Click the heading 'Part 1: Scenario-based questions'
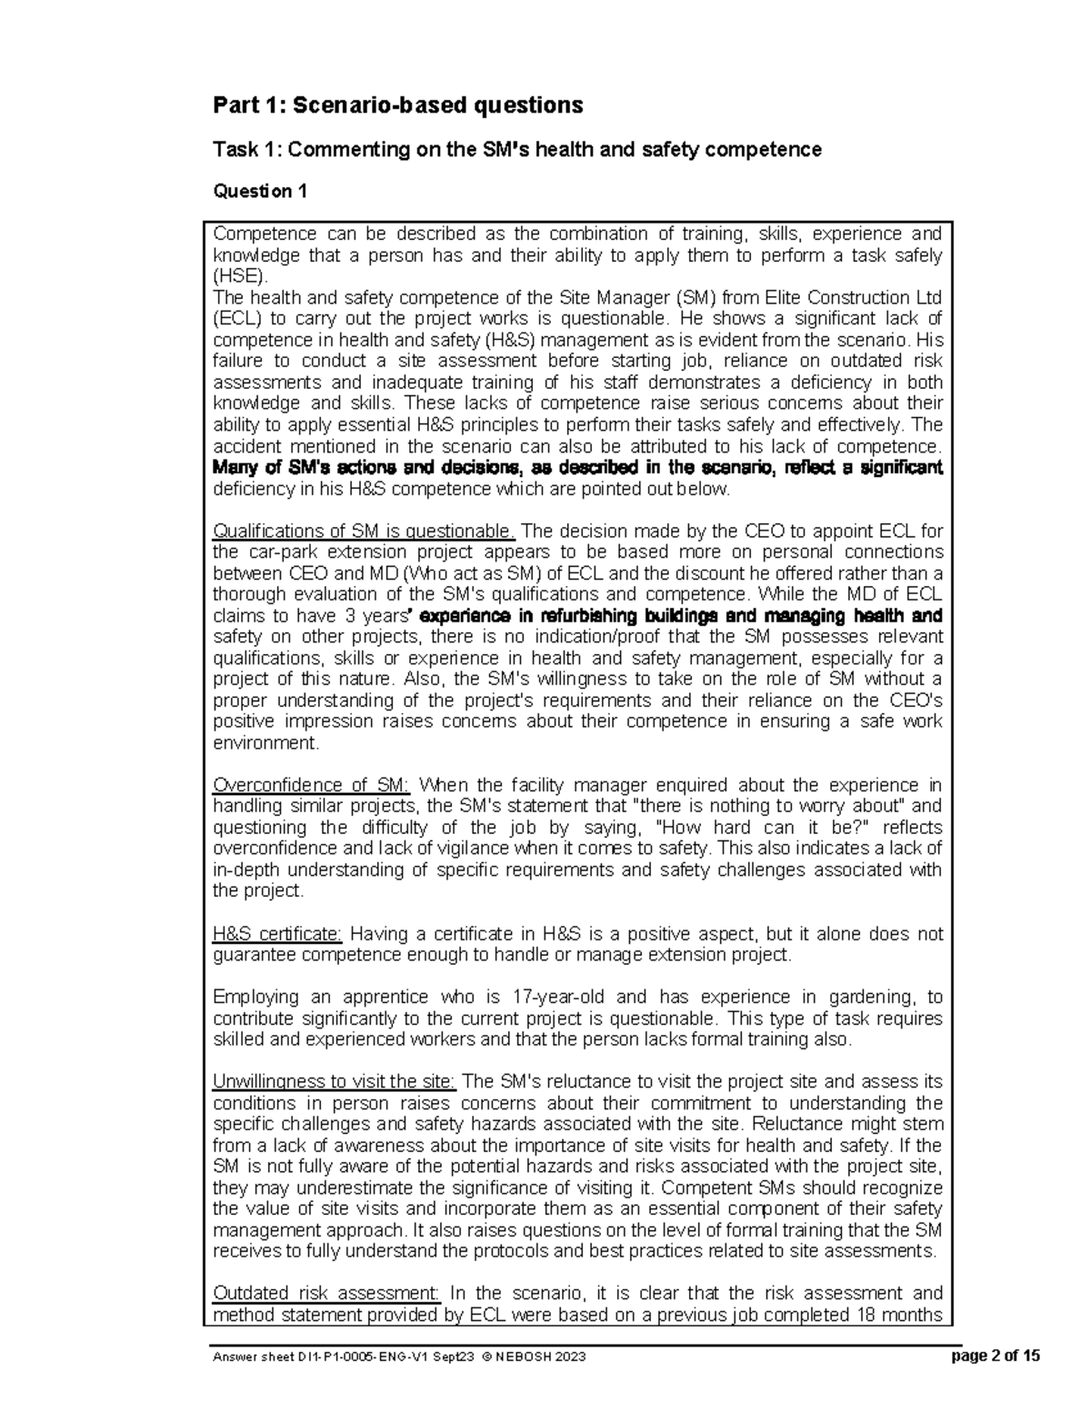[397, 106]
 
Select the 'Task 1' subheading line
[516, 150]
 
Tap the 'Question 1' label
[259, 192]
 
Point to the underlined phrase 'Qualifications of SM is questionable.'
[364, 532]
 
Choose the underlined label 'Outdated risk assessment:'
[326, 1294]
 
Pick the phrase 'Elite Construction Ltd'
[855, 298]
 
